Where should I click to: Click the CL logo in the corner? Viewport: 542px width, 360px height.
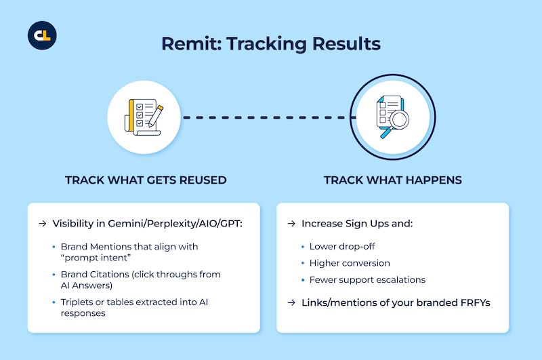tap(42, 35)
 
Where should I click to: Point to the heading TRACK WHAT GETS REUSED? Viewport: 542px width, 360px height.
tap(146, 180)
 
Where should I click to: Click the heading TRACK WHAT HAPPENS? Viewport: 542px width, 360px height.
tap(393, 180)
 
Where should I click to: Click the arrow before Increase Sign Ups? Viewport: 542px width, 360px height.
tap(292, 224)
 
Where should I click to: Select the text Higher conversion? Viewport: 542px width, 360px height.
tap(350, 263)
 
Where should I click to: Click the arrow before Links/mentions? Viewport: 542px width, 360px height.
tap(292, 302)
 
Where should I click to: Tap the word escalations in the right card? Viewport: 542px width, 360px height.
tap(400, 280)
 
